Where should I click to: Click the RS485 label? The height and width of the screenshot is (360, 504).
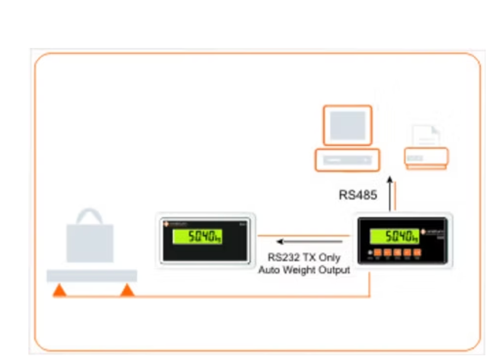358,195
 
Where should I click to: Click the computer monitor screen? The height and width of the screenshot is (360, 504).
347,125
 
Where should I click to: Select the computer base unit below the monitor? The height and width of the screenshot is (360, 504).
347,159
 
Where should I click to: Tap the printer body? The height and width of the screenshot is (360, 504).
426,157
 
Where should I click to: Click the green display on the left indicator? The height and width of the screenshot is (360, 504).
197,237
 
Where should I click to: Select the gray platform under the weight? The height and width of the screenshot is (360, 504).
92,276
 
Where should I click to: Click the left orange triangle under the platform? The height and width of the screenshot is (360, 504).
59,290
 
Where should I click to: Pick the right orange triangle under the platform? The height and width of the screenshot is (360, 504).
127,290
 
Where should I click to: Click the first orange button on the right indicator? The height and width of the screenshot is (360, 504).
378,255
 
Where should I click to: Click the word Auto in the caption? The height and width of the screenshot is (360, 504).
272,269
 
